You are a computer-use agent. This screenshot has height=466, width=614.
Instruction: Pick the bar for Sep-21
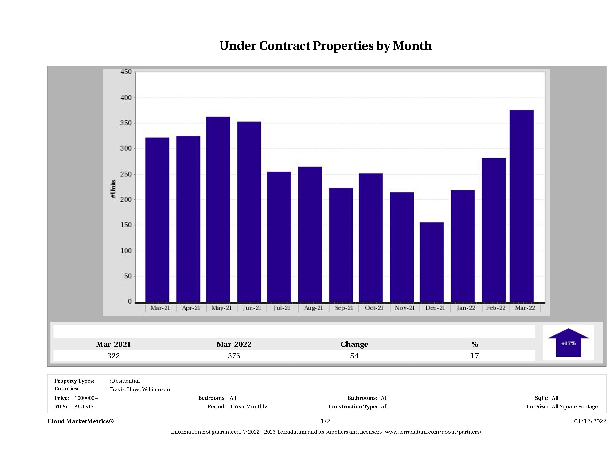[341, 245]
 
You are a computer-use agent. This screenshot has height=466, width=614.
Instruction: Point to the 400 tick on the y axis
[126, 98]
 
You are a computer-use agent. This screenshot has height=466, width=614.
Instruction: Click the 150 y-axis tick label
[126, 225]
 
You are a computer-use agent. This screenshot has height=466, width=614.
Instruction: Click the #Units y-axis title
[113, 189]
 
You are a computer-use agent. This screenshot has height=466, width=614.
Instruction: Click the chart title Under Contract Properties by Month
[325, 46]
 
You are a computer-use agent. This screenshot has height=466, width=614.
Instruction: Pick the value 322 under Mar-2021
[114, 356]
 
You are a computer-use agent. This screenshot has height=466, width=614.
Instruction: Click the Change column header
[354, 344]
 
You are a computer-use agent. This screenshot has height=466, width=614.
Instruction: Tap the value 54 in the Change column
[354, 356]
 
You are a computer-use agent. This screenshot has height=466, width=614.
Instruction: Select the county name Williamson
[156, 389]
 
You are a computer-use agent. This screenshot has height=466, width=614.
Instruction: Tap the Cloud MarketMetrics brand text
[80, 421]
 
